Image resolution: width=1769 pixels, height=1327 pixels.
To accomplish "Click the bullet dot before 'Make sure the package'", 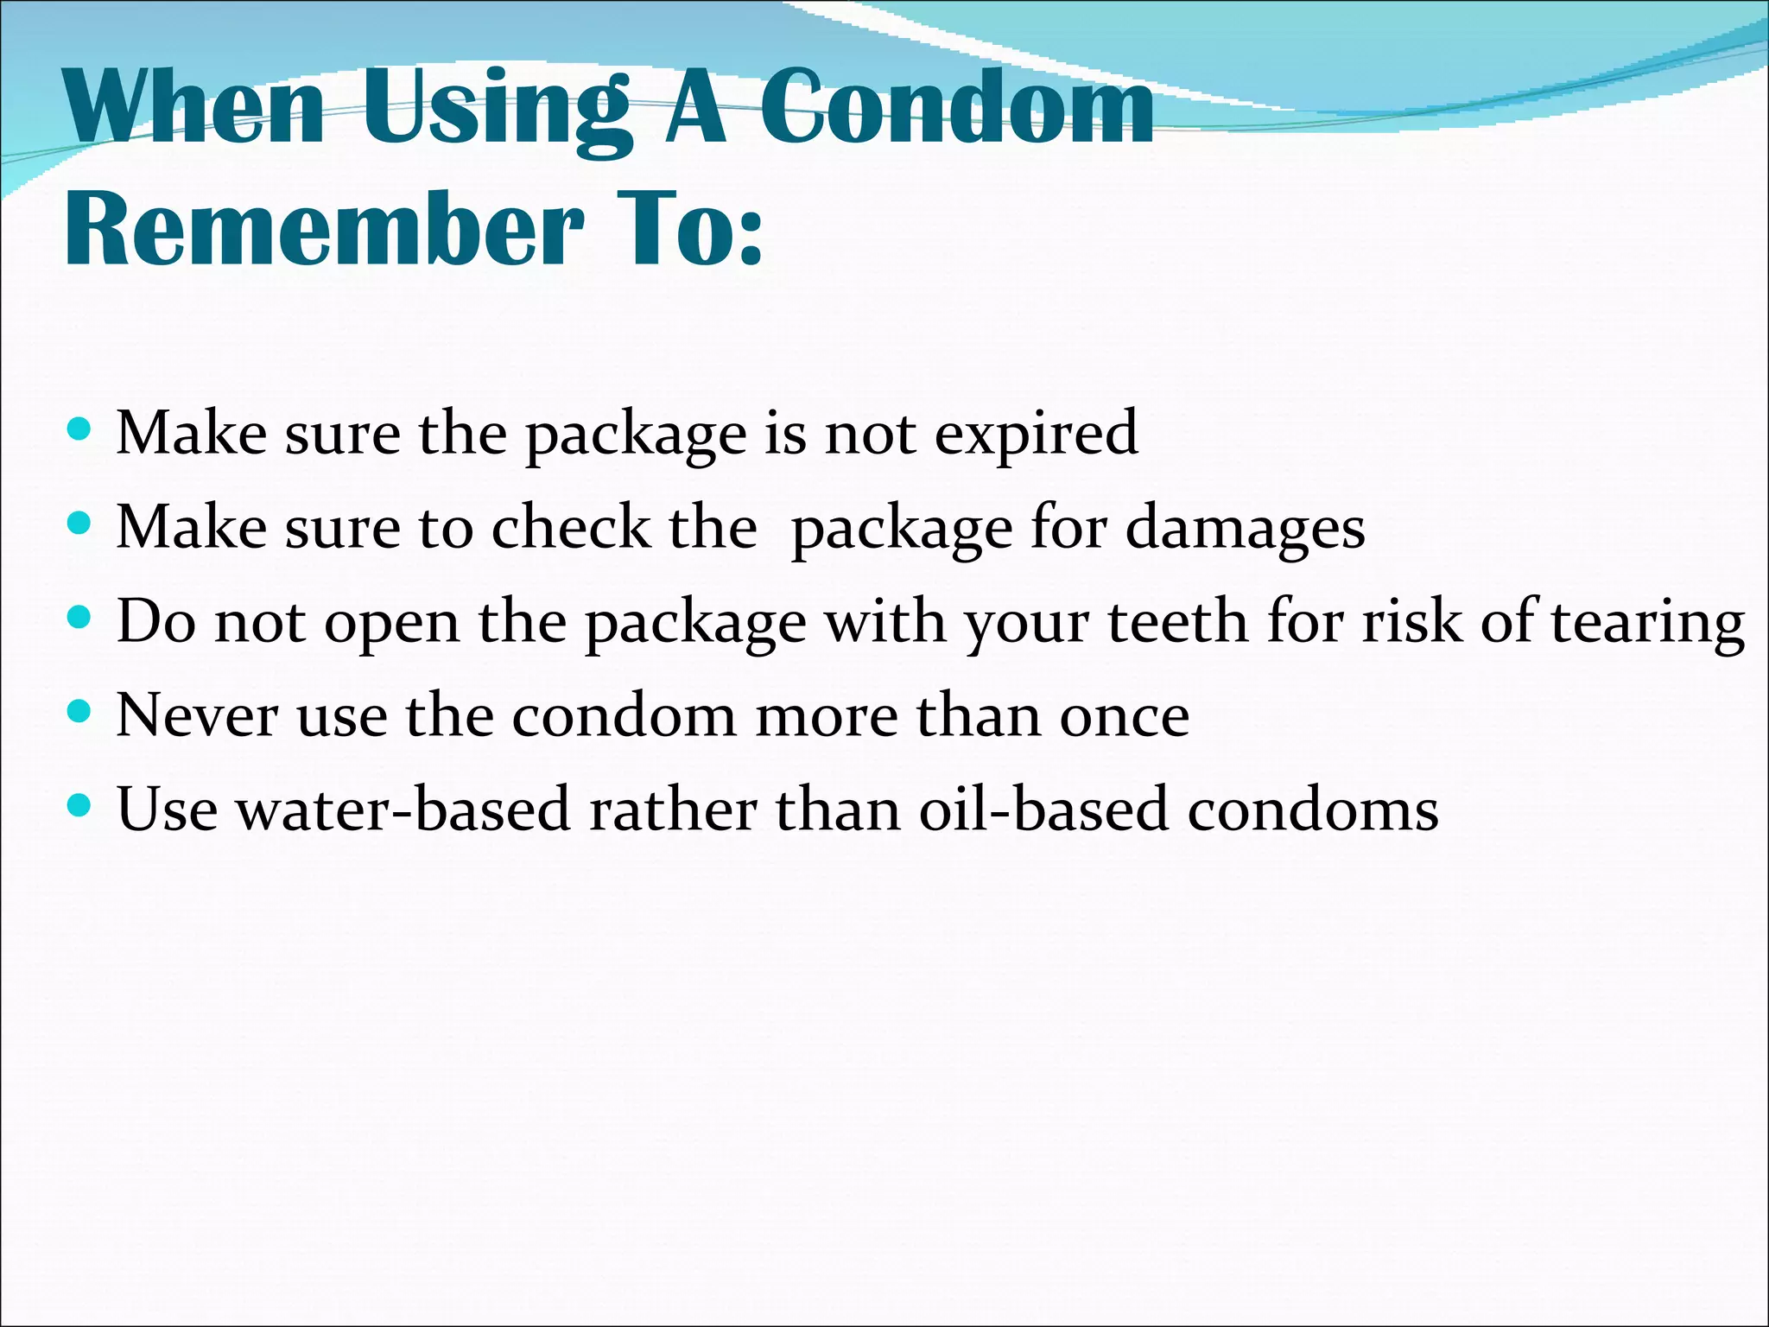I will tap(79, 429).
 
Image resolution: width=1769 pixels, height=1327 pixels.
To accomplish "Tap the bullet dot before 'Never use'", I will tap(79, 711).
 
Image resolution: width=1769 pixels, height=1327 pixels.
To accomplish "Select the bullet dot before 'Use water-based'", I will tap(79, 805).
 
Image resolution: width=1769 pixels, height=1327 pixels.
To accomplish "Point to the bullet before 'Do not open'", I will tap(79, 617).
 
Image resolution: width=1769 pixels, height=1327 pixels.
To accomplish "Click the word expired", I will tap(1036, 434).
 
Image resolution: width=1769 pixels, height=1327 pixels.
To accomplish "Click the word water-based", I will tap(403, 810).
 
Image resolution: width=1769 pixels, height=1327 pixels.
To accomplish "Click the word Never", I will tap(197, 716).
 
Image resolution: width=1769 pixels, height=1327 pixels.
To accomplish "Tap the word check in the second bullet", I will tap(570, 528).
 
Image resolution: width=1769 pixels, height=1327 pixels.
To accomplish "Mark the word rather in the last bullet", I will tap(672, 810).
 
